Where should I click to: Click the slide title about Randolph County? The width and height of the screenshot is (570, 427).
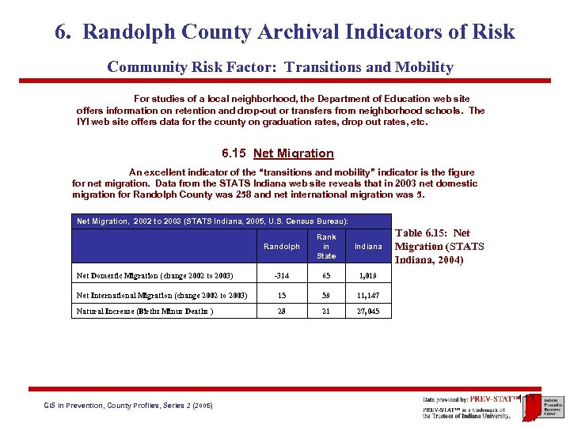285,32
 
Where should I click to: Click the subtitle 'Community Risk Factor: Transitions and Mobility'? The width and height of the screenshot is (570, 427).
280,67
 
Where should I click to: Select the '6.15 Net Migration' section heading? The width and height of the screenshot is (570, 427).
278,153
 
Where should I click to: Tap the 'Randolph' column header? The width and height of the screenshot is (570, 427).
282,247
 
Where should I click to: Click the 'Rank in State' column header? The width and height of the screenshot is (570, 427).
326,247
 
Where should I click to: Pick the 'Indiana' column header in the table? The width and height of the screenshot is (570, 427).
368,247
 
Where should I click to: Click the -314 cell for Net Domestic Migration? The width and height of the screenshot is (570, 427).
281,275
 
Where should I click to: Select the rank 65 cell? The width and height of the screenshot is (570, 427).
326,275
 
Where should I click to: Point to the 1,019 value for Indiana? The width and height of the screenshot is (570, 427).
368,275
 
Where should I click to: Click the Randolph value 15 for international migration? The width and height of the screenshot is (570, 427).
281,295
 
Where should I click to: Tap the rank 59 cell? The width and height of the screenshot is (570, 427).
326,295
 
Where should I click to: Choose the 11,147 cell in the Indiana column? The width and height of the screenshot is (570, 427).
368,295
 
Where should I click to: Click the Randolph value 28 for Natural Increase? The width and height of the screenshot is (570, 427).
281,312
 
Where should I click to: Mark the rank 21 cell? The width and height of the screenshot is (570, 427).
326,312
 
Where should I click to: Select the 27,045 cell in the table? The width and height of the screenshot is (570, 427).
368,312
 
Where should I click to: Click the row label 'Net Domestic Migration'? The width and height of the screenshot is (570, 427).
154,275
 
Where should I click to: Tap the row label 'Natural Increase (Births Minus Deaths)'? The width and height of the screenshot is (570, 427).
145,312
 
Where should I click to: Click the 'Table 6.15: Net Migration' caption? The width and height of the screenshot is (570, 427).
439,246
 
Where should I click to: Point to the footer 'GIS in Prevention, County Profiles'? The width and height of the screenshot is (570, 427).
128,406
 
